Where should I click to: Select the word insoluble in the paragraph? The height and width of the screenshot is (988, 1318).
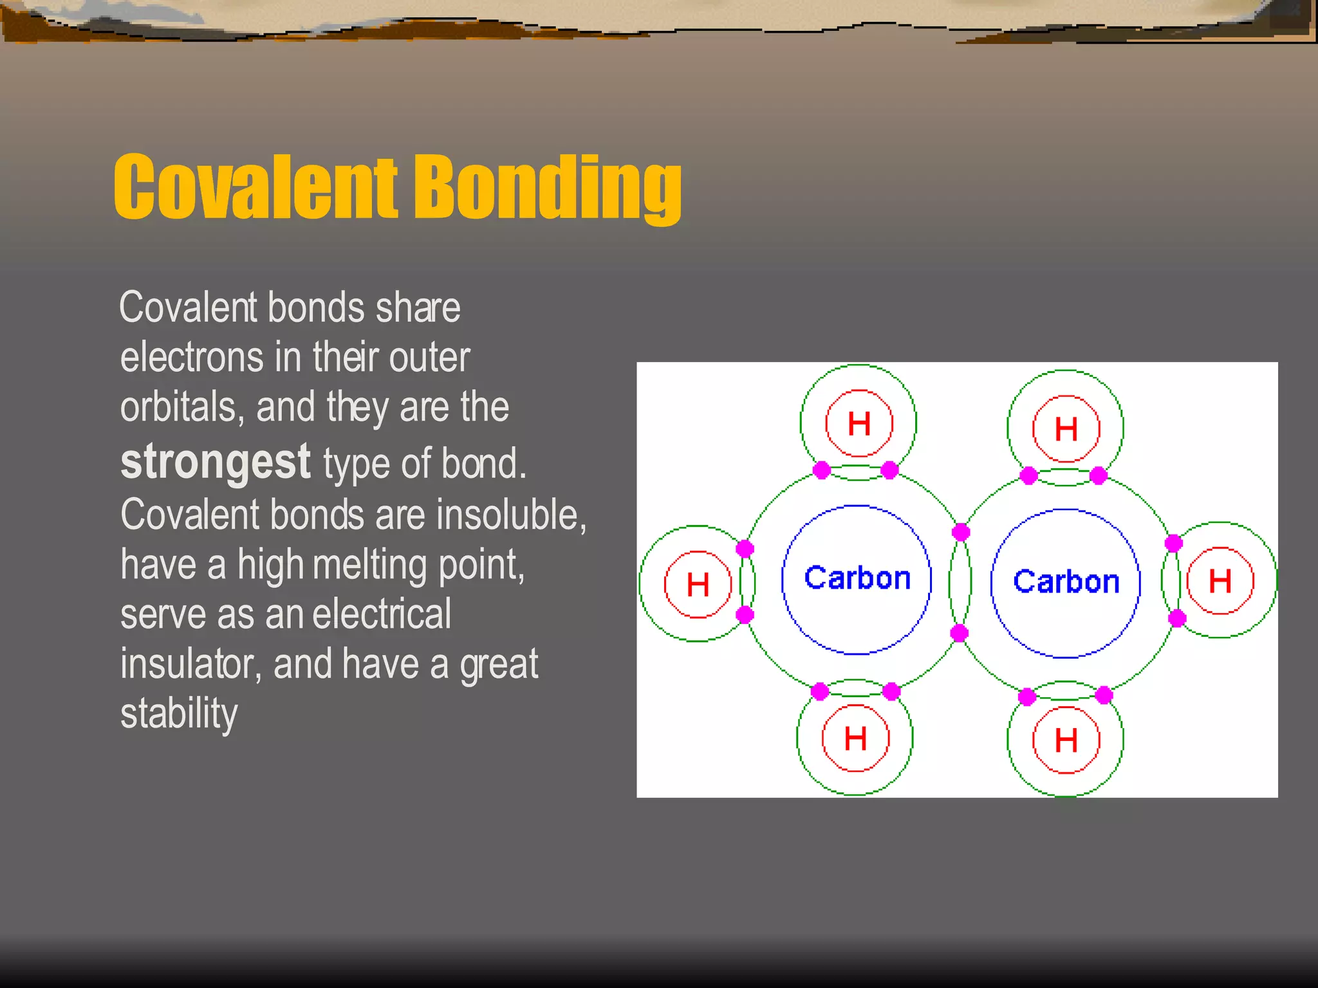point(511,515)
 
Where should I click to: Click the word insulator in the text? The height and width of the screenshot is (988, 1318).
point(190,664)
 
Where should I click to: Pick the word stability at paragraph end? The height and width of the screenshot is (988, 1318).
point(179,713)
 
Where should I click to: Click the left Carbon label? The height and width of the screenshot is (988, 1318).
point(857,578)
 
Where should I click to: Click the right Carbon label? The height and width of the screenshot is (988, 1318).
point(1066,582)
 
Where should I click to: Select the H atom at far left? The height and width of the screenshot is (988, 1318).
point(698,585)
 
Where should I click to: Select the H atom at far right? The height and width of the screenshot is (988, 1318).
point(1220,581)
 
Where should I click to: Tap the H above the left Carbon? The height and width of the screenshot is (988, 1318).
point(859,424)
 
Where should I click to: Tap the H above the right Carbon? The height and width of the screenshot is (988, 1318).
point(1066,429)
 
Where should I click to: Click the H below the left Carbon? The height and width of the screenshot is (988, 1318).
point(855,738)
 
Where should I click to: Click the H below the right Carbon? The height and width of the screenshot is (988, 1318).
point(1066,740)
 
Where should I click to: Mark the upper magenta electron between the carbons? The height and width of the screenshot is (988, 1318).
point(961,532)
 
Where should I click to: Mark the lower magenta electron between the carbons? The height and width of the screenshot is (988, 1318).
point(959,633)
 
